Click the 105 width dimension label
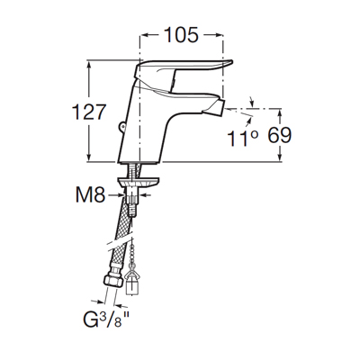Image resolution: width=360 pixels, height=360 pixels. pyautogui.click(x=182, y=34)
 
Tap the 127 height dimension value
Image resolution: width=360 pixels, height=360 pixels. pyautogui.click(x=89, y=112)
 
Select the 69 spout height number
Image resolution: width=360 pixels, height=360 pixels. pyautogui.click(x=279, y=135)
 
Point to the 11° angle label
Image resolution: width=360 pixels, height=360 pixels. pyautogui.click(x=242, y=139)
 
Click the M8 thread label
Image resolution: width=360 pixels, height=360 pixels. pyautogui.click(x=90, y=195)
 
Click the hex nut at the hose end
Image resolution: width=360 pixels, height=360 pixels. pyautogui.click(x=113, y=281)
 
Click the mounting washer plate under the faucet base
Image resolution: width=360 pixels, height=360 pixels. pyautogui.click(x=138, y=182)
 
